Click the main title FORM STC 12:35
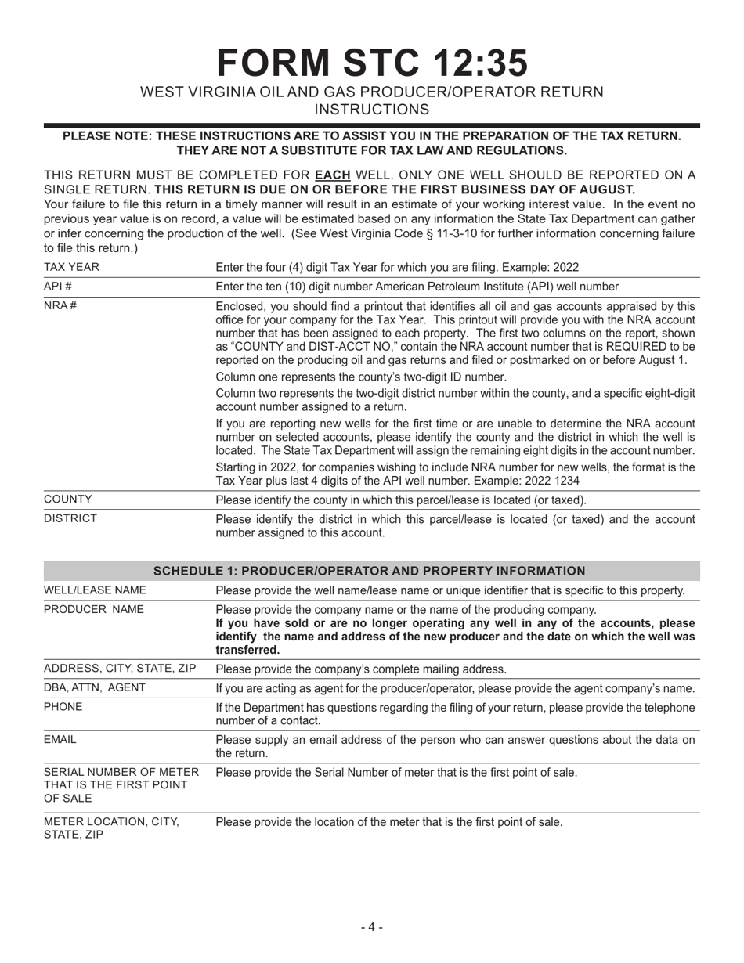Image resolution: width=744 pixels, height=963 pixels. pos(371,63)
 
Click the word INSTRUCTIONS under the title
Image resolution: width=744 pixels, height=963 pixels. pos(371,110)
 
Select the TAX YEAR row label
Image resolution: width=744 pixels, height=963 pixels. pos(71,267)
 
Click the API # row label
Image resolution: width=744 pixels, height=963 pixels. pos(59,287)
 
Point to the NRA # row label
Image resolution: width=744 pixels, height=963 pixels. pos(60,305)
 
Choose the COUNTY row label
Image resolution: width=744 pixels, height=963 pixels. pos(68,500)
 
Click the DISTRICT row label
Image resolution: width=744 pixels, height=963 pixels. pos(70,518)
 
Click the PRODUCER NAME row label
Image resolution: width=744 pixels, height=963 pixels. pos(94,609)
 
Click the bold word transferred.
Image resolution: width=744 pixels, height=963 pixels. pos(247,650)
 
